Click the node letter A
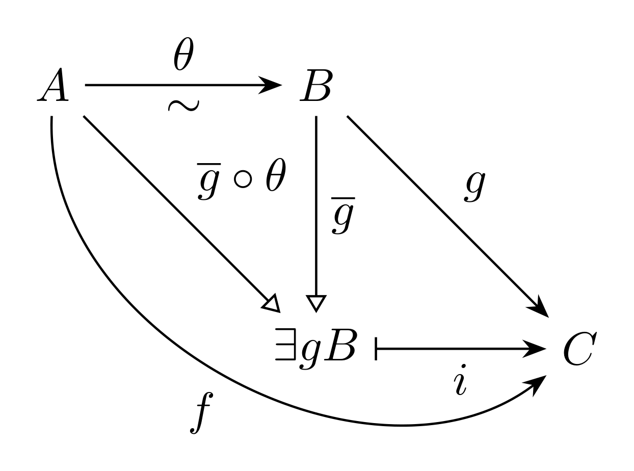53,85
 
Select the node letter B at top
316,85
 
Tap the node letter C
580,349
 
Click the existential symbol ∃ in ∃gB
285,345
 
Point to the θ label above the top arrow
184,54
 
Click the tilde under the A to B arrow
183,106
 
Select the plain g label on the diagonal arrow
474,187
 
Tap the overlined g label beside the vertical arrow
342,216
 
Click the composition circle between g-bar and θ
243,179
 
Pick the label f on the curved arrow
201,413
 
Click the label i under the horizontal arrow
460,380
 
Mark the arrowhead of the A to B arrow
270,85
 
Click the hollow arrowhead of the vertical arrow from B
316,304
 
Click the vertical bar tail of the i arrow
376,349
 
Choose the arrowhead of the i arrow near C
534,349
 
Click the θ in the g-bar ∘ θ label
276,174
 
